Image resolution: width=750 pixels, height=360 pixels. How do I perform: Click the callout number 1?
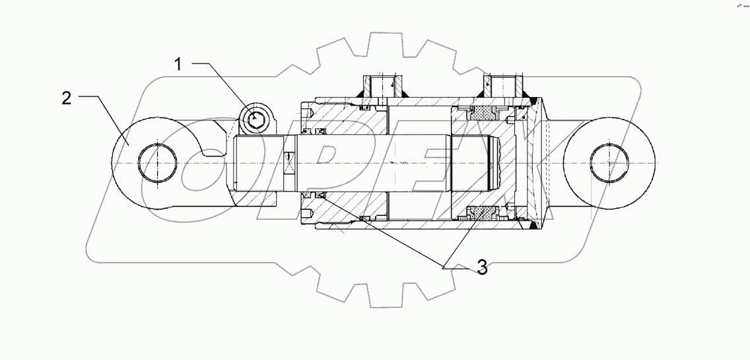[178, 64]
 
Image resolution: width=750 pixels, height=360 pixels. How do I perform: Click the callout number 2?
[66, 98]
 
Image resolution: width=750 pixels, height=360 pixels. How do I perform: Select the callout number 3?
[482, 268]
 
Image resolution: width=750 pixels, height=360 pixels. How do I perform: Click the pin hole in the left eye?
[158, 162]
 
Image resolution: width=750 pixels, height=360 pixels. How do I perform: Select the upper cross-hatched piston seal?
[481, 114]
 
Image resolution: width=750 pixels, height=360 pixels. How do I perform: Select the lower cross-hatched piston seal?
[481, 213]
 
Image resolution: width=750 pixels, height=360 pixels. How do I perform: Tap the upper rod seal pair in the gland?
[314, 133]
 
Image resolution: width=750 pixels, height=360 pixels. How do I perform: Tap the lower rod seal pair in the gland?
[314, 195]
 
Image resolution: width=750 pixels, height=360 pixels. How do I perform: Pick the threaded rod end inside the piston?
[493, 163]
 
